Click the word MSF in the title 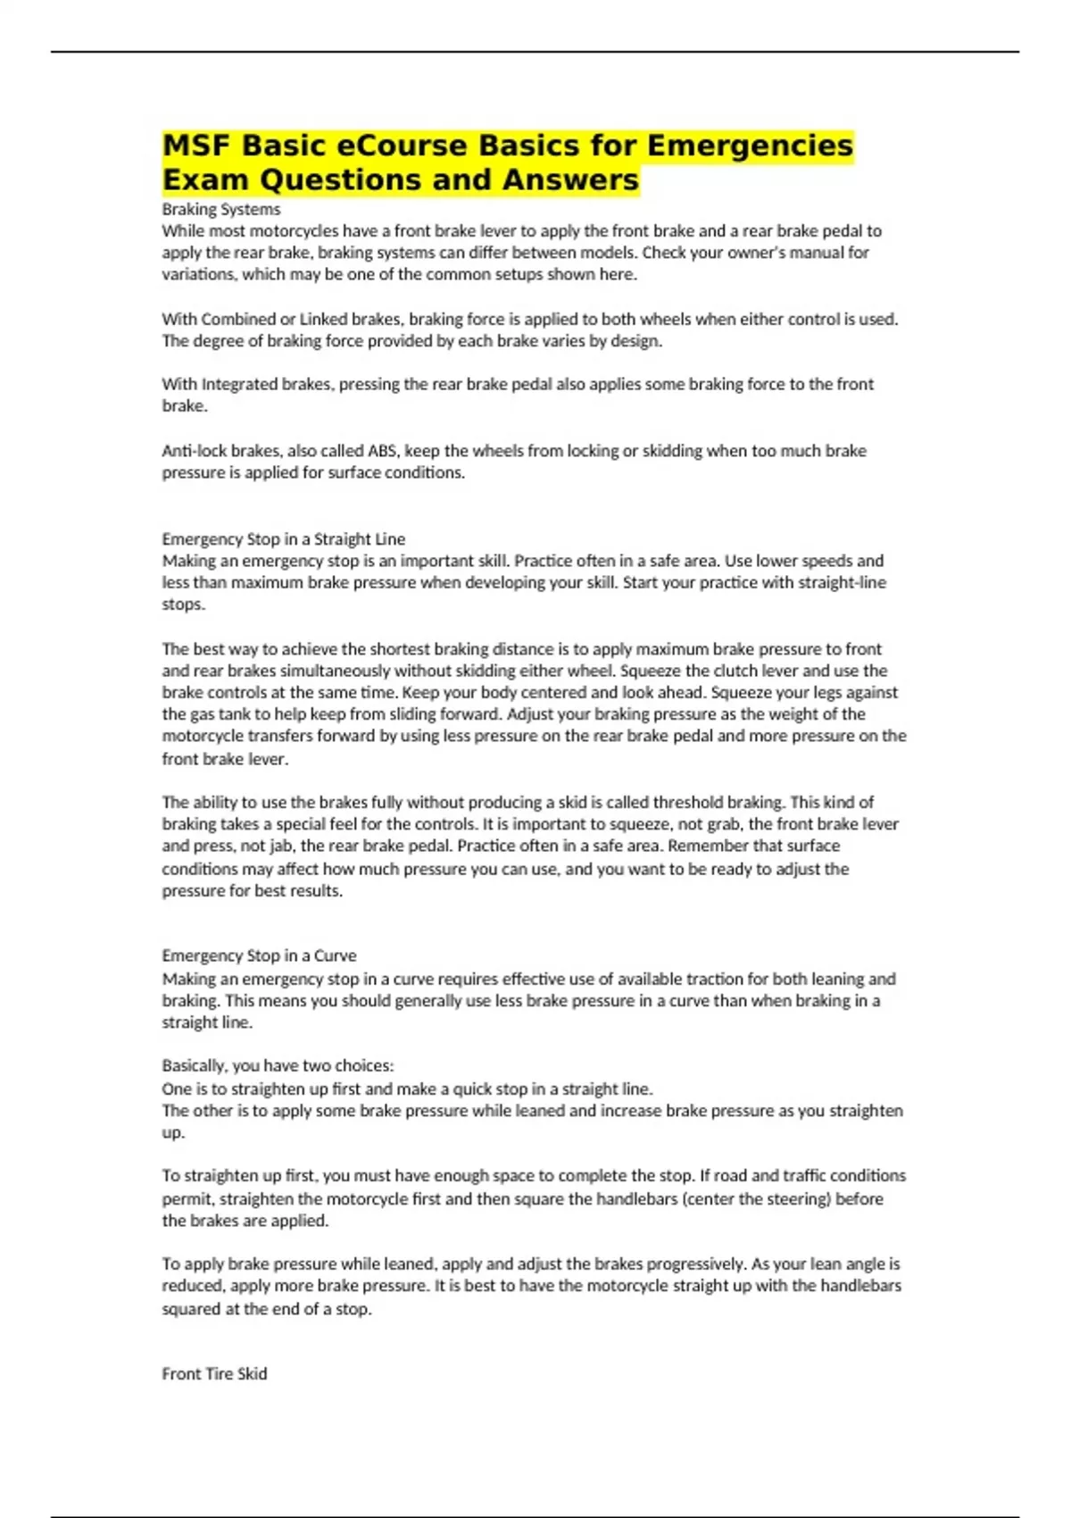(x=196, y=146)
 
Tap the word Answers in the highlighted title (x=570, y=179)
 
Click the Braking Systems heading (x=220, y=209)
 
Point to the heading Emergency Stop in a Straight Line (x=283, y=538)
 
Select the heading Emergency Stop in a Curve (x=259, y=955)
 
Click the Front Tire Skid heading (x=214, y=1373)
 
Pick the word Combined (x=237, y=319)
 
